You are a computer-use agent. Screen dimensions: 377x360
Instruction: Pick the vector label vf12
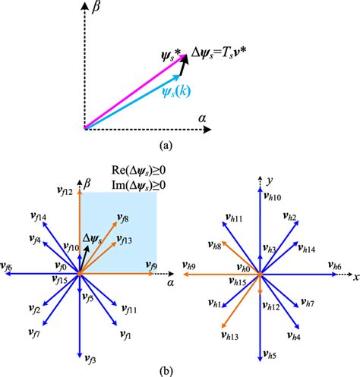[x=65, y=192]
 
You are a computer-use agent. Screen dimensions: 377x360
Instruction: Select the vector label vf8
[x=125, y=219]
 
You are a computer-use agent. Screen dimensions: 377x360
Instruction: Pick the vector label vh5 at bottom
[x=272, y=357]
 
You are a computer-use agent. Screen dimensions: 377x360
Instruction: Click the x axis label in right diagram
[x=355, y=276]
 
